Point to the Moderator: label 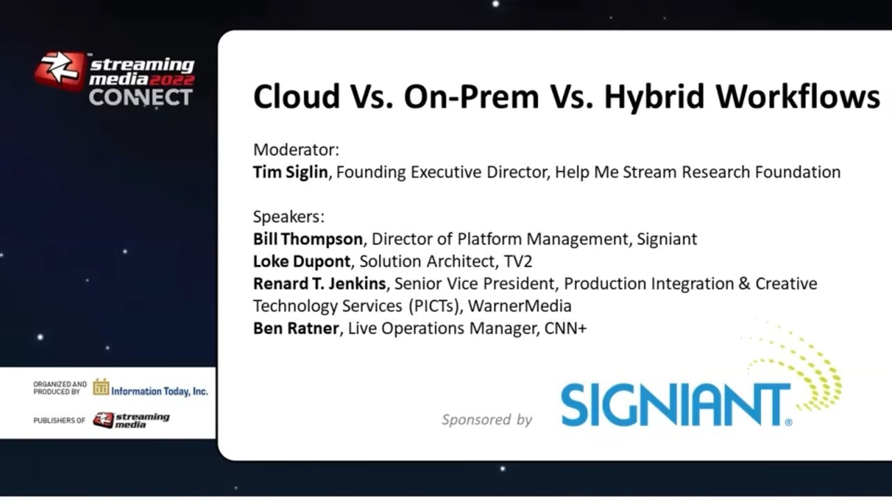coord(296,150)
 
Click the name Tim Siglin coord(290,172)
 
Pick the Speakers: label coord(289,217)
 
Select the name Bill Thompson coord(307,239)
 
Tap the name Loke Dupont coord(301,261)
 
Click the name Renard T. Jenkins coord(319,284)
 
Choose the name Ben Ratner coord(296,328)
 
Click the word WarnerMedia coord(520,306)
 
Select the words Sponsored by coord(486,420)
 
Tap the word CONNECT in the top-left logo coord(140,97)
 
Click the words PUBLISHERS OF coord(59,420)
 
